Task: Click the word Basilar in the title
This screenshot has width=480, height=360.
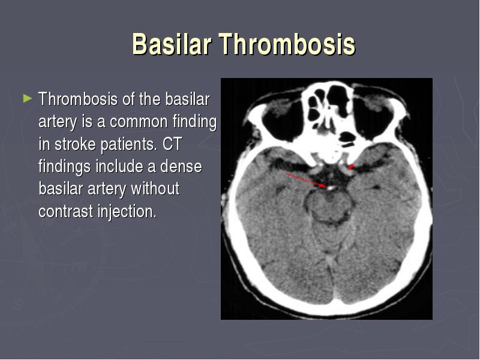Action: click(x=172, y=44)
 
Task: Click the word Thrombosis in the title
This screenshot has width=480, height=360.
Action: click(x=287, y=44)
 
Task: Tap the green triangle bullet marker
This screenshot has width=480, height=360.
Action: click(x=28, y=98)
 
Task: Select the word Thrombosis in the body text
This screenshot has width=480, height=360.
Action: click(x=78, y=99)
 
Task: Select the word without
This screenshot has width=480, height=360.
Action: click(x=155, y=188)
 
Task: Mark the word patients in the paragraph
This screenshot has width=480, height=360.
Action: click(x=128, y=145)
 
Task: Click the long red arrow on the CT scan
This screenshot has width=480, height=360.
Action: click(x=306, y=180)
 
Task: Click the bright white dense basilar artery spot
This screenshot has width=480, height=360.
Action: click(x=329, y=188)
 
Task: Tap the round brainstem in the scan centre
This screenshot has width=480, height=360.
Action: click(x=328, y=206)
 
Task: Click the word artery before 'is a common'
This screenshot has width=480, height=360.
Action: click(x=58, y=122)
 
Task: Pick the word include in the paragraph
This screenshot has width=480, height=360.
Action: click(x=119, y=167)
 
